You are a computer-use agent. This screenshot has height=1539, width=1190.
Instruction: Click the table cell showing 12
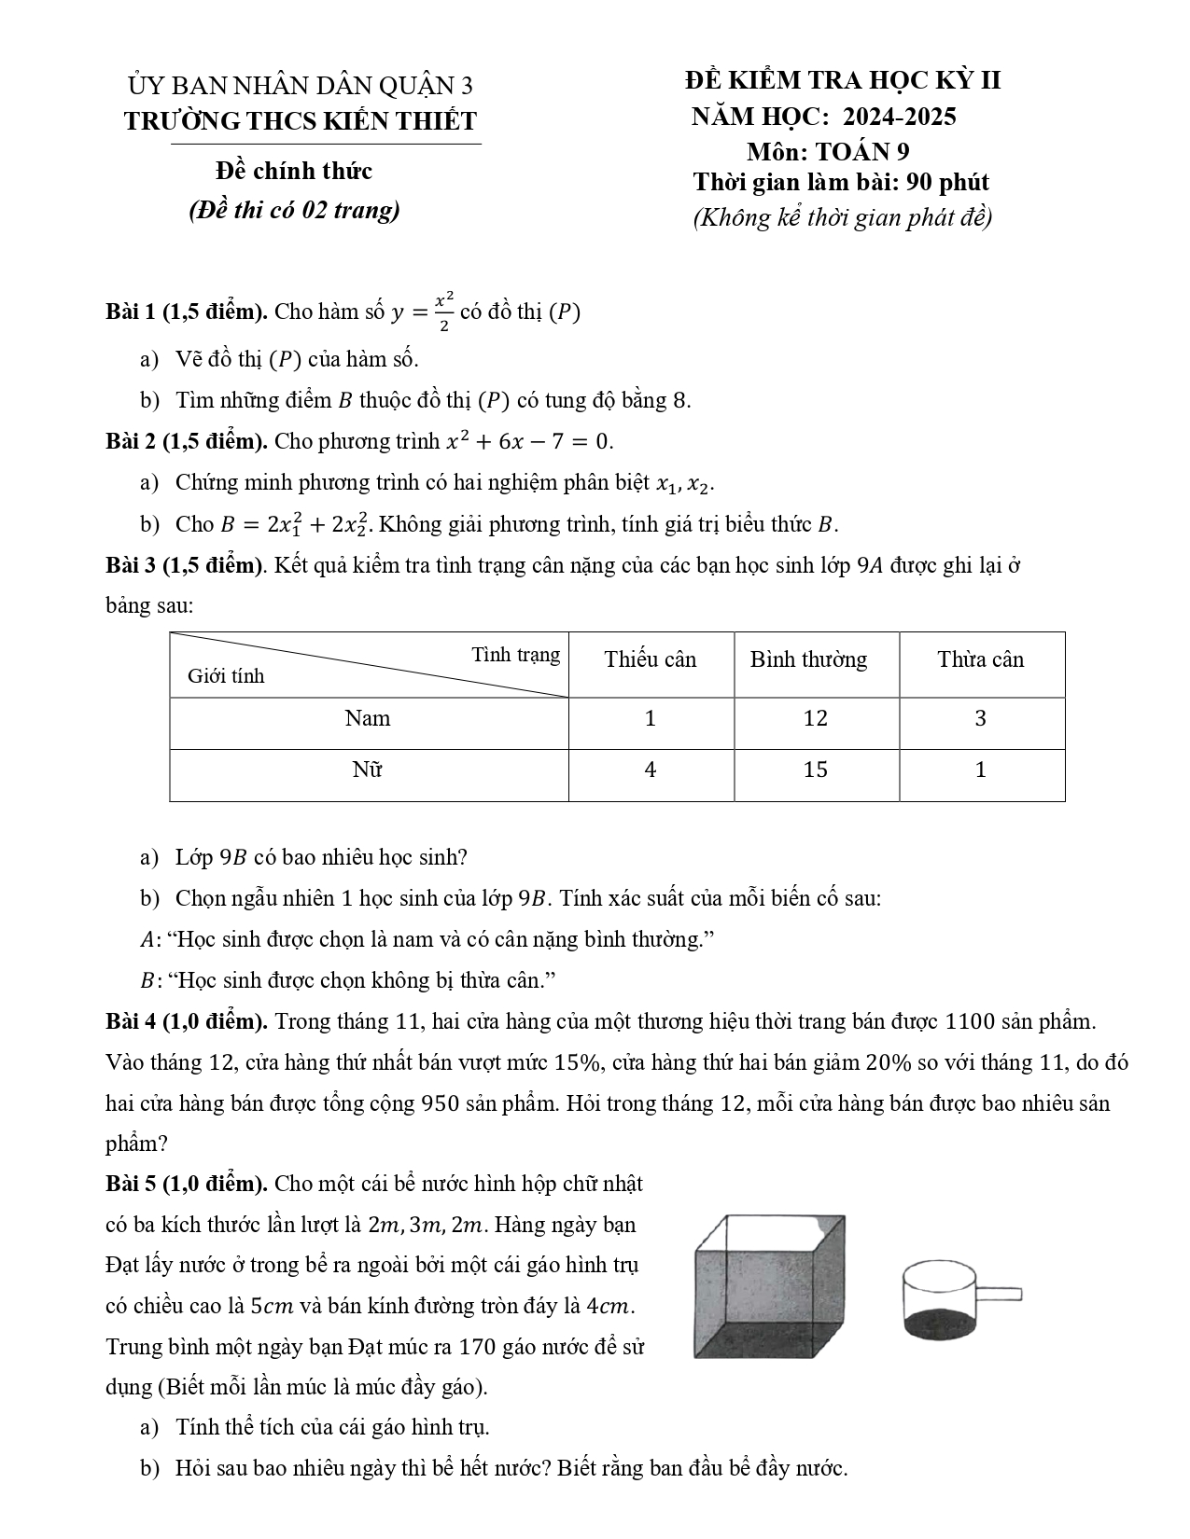tap(816, 718)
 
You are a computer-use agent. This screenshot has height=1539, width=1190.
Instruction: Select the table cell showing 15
tap(816, 769)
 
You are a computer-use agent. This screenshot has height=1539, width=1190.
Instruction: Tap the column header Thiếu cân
tap(651, 659)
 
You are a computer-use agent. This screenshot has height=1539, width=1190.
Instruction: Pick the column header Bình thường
tap(808, 659)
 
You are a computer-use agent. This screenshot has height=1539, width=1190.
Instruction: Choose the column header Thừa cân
tap(981, 659)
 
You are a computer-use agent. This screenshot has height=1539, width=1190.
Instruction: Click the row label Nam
tap(368, 718)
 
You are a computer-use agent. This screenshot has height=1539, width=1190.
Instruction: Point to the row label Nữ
tap(368, 769)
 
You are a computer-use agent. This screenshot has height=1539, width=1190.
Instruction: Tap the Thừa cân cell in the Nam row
tap(981, 718)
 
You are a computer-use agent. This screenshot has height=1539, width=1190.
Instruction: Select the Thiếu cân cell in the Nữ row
tap(651, 769)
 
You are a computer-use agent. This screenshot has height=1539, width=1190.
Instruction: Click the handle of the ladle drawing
tap(998, 1294)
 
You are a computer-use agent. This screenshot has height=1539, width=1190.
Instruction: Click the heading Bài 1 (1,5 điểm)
tap(187, 312)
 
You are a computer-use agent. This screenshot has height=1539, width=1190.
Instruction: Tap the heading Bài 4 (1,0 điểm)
tap(187, 1021)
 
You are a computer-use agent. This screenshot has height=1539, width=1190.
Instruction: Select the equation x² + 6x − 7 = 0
tap(529, 440)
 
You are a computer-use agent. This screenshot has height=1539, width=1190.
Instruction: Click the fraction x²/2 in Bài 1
tap(444, 312)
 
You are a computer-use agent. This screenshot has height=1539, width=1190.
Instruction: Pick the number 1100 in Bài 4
tap(971, 1021)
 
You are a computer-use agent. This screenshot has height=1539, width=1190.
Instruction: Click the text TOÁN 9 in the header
tap(862, 151)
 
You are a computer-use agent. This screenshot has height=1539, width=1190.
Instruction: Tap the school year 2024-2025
tap(900, 116)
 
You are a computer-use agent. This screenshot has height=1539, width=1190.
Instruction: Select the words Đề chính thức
tap(293, 171)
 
